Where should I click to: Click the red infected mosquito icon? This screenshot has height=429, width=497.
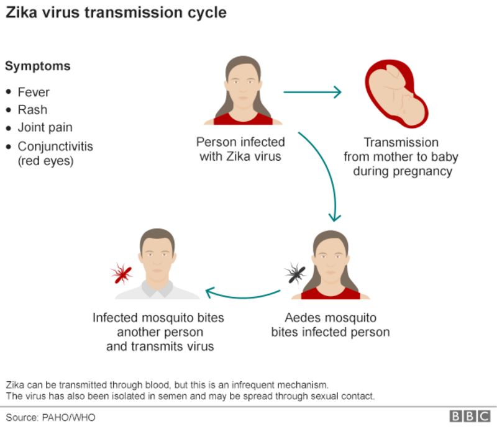tap(121, 273)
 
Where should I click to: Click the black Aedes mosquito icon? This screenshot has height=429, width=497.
tap(294, 273)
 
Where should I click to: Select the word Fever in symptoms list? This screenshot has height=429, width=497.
tap(34, 92)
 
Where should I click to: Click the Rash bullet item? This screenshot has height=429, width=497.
tap(32, 109)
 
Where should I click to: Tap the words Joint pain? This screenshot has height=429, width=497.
tap(45, 127)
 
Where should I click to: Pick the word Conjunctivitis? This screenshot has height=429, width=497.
tap(55, 147)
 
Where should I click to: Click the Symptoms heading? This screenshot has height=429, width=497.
tap(38, 66)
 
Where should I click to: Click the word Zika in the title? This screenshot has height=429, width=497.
tap(23, 12)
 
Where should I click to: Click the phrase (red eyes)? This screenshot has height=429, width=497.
tap(45, 161)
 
